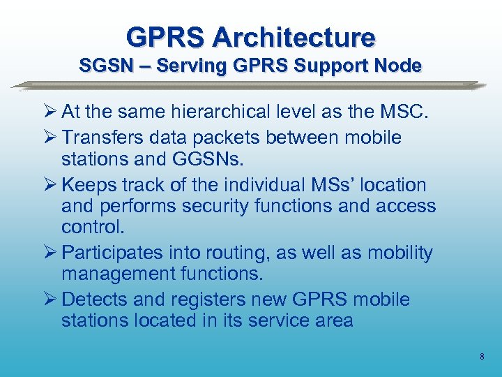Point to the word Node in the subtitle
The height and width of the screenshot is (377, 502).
click(400, 66)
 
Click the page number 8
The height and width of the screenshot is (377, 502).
click(482, 357)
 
